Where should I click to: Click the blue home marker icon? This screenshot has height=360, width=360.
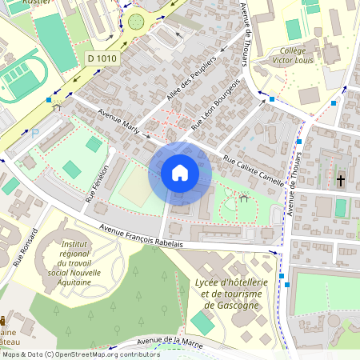[x=180, y=173]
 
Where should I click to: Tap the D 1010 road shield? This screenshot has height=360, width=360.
[x=103, y=58]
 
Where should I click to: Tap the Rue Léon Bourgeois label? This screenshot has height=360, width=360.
[x=217, y=103]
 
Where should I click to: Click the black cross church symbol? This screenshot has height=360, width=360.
[x=340, y=181]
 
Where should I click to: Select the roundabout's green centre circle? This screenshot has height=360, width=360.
[x=137, y=21]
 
